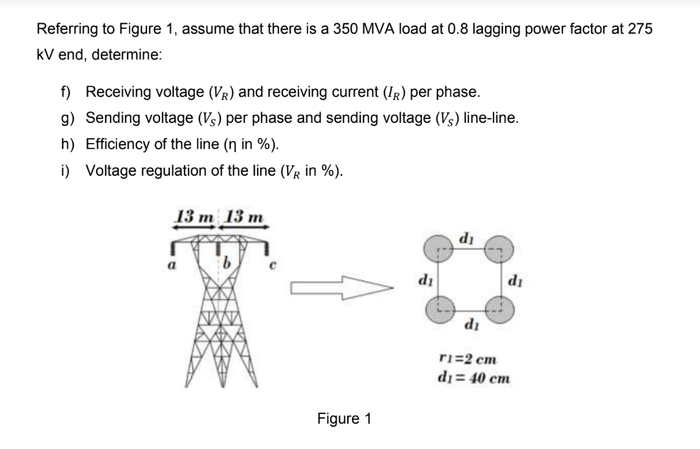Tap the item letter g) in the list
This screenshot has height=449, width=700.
67,118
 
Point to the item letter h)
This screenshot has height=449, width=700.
67,146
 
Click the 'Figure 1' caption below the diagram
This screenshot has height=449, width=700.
344,419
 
